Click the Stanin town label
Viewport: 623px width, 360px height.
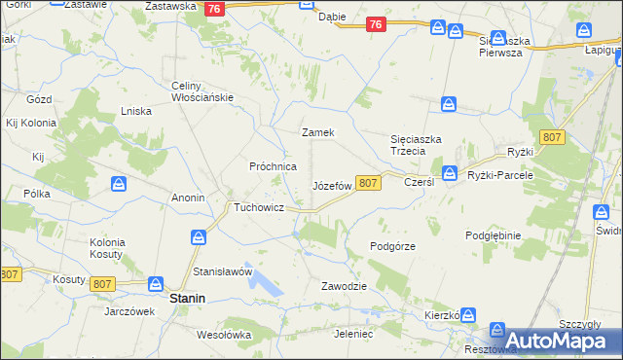point(187,300)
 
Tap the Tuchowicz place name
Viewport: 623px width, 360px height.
point(258,207)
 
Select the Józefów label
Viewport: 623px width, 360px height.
point(331,185)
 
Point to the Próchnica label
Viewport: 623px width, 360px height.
point(274,166)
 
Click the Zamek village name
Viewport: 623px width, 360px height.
point(318,132)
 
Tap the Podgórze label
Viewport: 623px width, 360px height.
point(393,246)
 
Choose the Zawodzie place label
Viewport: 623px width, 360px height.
point(344,286)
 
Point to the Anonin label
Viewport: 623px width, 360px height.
point(188,198)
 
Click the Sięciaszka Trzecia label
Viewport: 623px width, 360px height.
point(416,145)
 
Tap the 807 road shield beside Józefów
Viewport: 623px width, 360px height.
point(368,182)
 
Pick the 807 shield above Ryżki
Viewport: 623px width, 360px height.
point(553,137)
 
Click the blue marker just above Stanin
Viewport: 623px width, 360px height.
point(155,284)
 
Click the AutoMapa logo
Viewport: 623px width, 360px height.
point(559,340)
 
